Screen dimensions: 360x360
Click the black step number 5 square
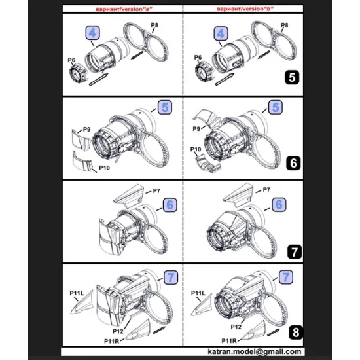(294, 77)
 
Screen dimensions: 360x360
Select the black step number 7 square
(294, 251)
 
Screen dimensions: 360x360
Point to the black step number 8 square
(294, 332)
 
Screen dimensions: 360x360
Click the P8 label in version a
(154, 25)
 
